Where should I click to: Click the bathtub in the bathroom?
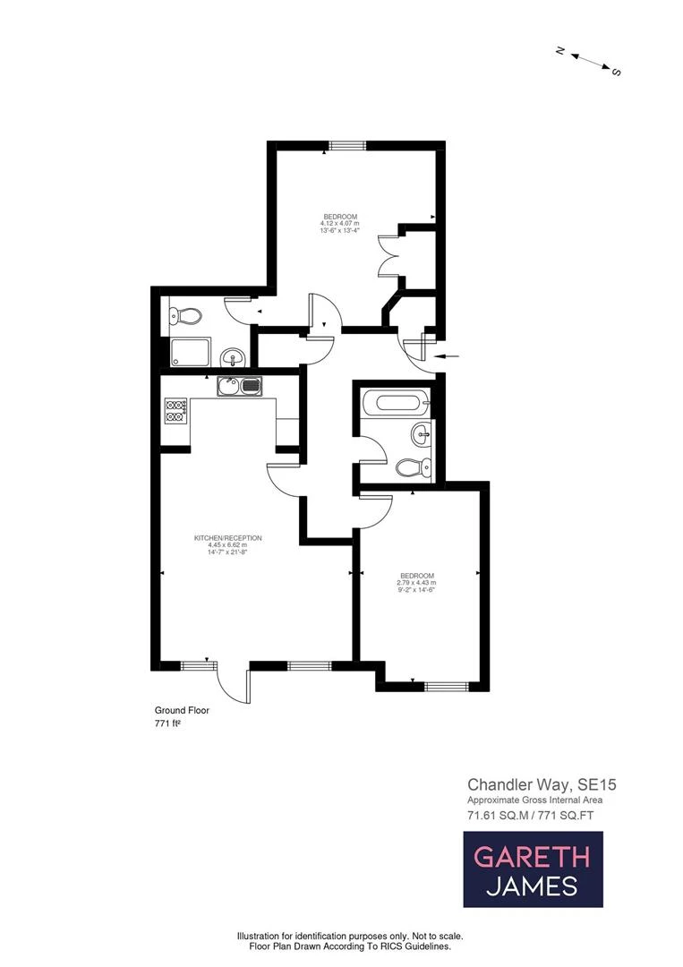point(394,401)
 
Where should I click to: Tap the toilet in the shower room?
point(187,315)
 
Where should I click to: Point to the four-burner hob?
point(175,410)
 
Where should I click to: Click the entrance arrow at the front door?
point(450,356)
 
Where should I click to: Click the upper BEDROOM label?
point(340,217)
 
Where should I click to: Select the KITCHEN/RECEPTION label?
point(227,537)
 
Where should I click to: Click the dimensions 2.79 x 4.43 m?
point(417,582)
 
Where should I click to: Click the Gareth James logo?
point(533,869)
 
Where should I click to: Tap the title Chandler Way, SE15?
point(542,783)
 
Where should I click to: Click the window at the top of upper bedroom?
point(346,146)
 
